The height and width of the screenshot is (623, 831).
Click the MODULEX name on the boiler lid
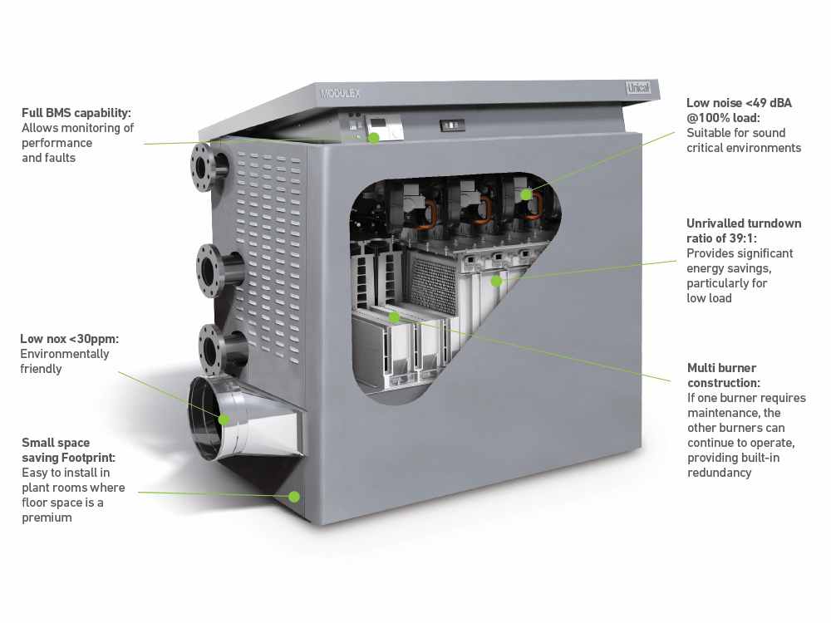click(x=340, y=93)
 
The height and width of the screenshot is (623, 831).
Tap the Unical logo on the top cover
click(x=638, y=87)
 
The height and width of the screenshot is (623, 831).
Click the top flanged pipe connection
click(x=209, y=166)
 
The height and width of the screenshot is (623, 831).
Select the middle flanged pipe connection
click(x=219, y=270)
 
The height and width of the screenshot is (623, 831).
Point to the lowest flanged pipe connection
click(x=222, y=349)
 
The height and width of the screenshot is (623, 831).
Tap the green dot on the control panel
click(x=374, y=138)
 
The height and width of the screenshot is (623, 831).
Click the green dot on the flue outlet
click(x=224, y=419)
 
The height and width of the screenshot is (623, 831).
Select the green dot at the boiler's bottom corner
click(x=294, y=497)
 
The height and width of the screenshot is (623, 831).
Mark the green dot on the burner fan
click(x=526, y=194)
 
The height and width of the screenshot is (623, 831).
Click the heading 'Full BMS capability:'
click(x=76, y=113)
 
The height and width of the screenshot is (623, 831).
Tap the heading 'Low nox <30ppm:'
click(x=70, y=339)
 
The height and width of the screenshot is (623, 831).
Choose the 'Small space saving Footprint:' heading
click(x=68, y=449)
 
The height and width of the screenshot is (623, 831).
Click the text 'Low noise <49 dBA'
click(x=739, y=103)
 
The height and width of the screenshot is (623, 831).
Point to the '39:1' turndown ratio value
click(x=741, y=238)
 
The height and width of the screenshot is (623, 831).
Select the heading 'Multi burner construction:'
click(x=724, y=375)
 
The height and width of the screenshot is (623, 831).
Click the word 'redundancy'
click(x=719, y=473)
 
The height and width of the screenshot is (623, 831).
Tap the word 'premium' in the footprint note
click(x=47, y=518)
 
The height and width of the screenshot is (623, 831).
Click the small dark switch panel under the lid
click(x=452, y=125)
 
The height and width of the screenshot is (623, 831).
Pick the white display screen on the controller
click(x=379, y=122)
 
